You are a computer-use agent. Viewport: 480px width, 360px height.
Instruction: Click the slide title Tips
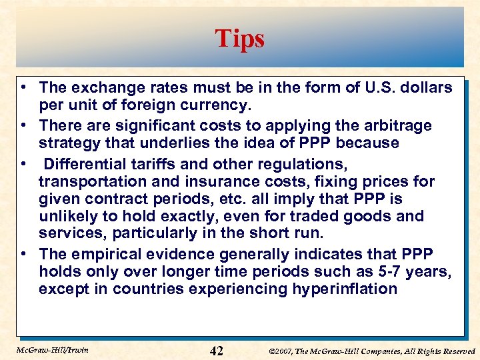click(239, 39)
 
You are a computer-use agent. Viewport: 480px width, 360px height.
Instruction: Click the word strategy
click(69, 143)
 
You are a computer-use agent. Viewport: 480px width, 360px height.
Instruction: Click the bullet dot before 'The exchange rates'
click(23, 87)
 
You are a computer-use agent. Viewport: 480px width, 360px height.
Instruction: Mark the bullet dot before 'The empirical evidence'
click(23, 254)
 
